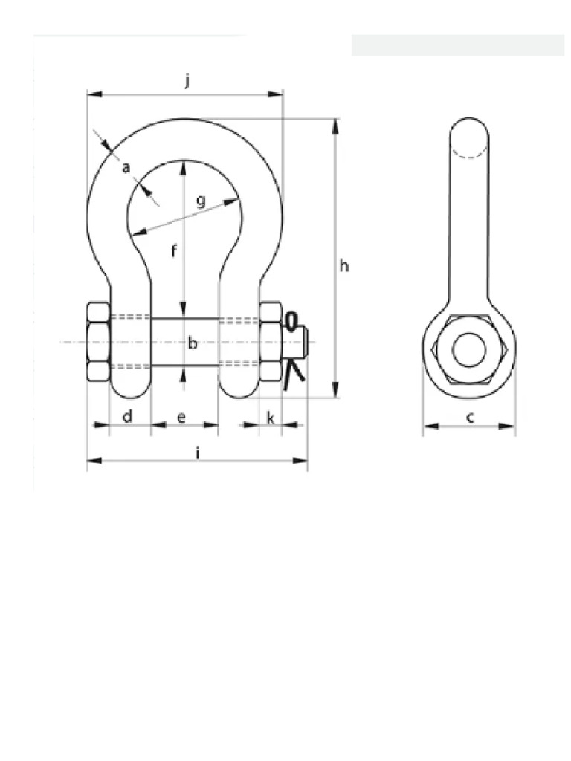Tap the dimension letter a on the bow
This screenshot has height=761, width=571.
coord(126,168)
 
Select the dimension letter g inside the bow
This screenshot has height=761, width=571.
coord(200,201)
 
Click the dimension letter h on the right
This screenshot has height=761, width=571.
coord(344,265)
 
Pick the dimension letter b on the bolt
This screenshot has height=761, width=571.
coord(192,343)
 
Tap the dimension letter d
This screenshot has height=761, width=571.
coord(127,417)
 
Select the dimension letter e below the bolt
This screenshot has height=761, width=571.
coord(181,418)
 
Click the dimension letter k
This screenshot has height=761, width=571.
coord(271,418)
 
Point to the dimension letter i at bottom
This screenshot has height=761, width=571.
coord(197,453)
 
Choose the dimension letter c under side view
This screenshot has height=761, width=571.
coord(470,418)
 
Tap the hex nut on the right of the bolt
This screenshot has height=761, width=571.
coord(271,342)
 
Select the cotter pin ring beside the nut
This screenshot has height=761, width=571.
coord(292,321)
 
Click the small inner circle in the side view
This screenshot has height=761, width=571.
coord(469,350)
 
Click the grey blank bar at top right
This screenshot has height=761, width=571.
coord(457,45)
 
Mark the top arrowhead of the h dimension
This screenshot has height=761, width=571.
coord(336,125)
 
